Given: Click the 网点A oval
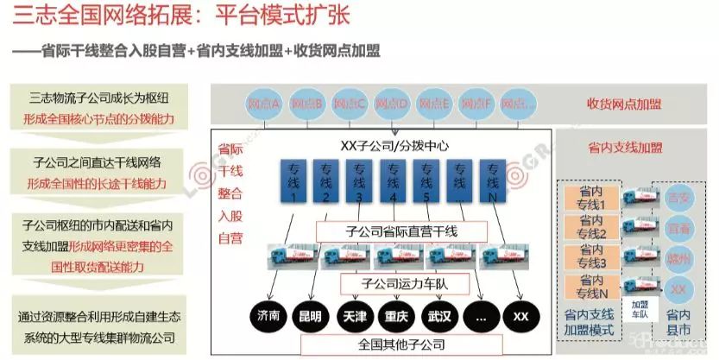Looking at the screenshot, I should pos(264,104).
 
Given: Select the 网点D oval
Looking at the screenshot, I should pos(392,104).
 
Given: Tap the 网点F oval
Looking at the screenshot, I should pos(476,104).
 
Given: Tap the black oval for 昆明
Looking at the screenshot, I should pos(308,316).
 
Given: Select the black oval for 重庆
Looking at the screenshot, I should pos(398,316).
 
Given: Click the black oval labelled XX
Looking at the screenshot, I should pos(521,316).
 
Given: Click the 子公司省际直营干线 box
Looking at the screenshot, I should pos(400,231).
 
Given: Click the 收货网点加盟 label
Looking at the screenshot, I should pos(624,104).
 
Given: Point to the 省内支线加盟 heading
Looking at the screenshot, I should pos(624,147).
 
